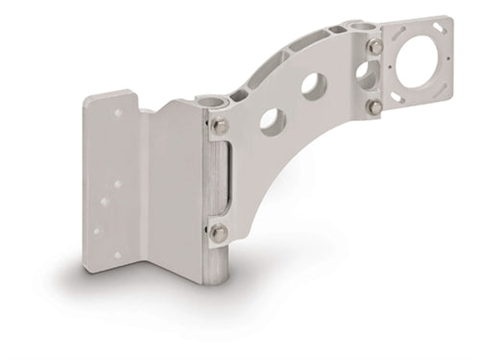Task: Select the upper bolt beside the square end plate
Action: pos(375,46)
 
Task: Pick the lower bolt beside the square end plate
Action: pos(376,107)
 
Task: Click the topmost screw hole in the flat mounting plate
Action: pos(119,112)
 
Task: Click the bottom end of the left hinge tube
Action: pos(217,277)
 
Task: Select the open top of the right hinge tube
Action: pos(357,21)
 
